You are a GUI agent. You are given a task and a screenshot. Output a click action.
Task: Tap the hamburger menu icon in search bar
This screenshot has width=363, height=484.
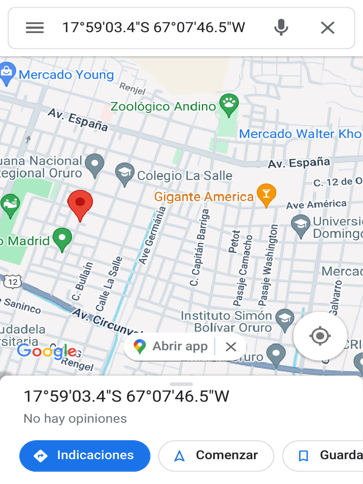(35, 28)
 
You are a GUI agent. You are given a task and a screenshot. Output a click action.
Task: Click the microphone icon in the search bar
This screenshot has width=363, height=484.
(281, 28)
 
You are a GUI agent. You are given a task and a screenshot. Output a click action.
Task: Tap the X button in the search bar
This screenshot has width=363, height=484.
(328, 28)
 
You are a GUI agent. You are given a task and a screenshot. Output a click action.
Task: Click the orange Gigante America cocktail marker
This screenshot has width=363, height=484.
(266, 195)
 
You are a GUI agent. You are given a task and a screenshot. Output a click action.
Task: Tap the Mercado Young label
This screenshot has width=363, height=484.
(66, 75)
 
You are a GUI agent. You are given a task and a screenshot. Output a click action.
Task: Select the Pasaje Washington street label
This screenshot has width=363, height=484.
(268, 265)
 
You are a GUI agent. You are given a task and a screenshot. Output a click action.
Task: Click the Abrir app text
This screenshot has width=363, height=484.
(180, 346)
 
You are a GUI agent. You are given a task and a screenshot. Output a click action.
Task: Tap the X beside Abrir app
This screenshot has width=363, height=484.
(231, 347)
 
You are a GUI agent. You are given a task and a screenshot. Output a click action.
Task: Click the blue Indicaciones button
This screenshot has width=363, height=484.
(85, 456)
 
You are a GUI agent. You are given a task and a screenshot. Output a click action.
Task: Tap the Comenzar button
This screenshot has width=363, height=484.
(216, 456)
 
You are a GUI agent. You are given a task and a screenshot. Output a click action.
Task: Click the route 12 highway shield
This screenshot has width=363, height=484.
(12, 282)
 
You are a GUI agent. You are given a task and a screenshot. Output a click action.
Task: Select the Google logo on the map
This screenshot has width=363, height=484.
(46, 351)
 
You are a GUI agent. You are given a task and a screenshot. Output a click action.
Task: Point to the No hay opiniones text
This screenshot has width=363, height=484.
(75, 418)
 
